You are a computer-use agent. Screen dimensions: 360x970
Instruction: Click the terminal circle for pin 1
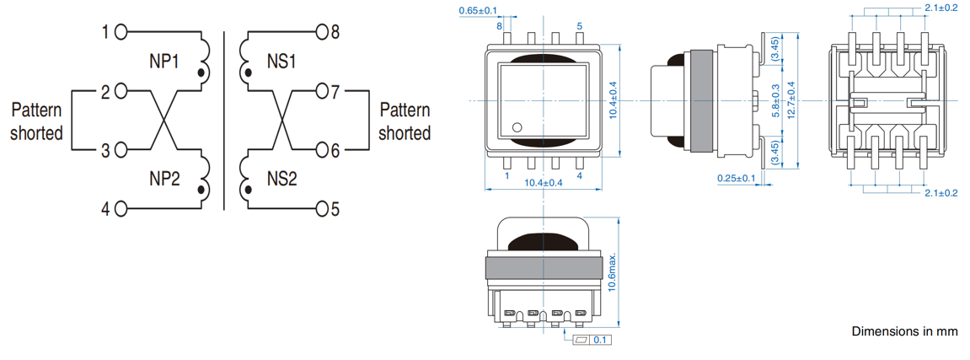(x=121, y=33)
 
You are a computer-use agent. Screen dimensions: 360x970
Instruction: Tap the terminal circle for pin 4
(x=121, y=208)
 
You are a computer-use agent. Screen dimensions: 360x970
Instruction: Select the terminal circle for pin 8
(x=321, y=33)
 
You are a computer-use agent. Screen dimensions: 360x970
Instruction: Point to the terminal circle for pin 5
(x=321, y=208)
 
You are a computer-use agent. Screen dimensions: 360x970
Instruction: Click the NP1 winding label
(x=163, y=62)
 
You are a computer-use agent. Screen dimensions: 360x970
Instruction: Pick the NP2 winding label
(x=165, y=178)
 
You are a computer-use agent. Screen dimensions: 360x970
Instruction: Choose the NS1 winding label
(x=281, y=62)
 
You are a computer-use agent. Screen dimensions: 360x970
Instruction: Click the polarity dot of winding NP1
(x=201, y=74)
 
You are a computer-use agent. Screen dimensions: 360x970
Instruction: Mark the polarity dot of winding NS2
(x=249, y=191)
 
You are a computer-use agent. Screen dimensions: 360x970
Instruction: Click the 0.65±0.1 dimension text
(x=478, y=10)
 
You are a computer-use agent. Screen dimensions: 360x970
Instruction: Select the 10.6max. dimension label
(x=613, y=271)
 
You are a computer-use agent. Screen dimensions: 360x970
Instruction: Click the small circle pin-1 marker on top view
(x=517, y=127)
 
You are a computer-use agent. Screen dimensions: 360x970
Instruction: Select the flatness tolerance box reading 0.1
(x=591, y=340)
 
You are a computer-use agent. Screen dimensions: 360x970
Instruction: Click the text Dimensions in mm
(x=904, y=331)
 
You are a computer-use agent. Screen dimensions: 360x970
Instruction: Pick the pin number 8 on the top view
(x=500, y=27)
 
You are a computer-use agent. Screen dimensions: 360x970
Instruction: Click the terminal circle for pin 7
(x=321, y=89)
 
